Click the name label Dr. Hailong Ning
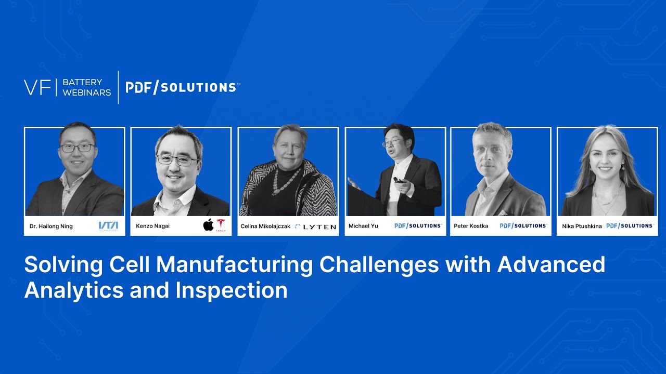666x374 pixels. [x=51, y=226]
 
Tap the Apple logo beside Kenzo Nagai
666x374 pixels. [x=208, y=225]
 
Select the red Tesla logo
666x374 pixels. [x=221, y=225]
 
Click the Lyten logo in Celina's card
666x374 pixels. [x=315, y=226]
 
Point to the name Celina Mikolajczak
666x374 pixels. [x=265, y=226]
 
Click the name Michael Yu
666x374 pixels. [x=363, y=226]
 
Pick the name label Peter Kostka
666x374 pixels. [x=471, y=226]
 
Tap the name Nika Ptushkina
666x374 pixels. [x=582, y=226]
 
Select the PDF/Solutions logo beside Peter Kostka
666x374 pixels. [x=523, y=226]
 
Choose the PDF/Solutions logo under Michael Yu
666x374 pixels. [x=418, y=226]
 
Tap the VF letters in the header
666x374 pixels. [x=37, y=87]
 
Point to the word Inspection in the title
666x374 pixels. [x=231, y=290]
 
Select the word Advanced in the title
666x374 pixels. [x=552, y=265]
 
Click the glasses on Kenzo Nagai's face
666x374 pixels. [x=177, y=160]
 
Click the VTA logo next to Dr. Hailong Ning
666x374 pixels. [x=108, y=226]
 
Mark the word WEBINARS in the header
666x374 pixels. [x=86, y=92]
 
